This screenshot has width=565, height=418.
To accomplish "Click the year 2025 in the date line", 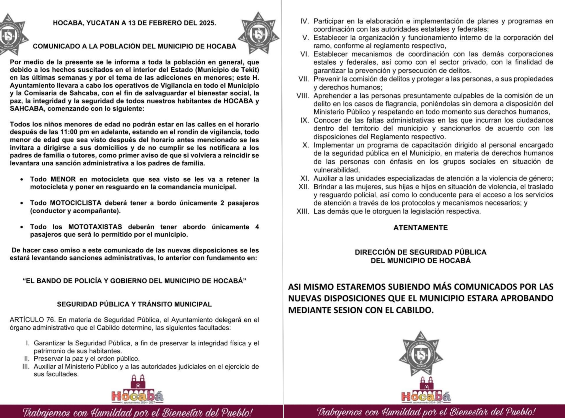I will (x=207, y=23).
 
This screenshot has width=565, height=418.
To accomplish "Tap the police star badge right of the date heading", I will (x=259, y=33).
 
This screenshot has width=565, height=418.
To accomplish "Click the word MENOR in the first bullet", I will (x=63, y=179).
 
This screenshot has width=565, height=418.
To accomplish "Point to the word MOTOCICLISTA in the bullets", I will (x=76, y=203).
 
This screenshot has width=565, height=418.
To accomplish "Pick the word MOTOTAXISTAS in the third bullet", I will (x=95, y=227).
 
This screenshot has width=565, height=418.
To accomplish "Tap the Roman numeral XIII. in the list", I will (x=303, y=211).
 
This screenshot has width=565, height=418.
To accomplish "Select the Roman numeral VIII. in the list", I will (x=303, y=96).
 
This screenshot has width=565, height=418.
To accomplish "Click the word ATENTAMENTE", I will (x=420, y=228).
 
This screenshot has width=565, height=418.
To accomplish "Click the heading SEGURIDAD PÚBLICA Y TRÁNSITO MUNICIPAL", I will (x=134, y=304).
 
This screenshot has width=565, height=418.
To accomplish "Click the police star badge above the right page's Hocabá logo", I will (x=421, y=353).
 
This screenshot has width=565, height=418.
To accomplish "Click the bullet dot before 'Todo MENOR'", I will (x=22, y=180).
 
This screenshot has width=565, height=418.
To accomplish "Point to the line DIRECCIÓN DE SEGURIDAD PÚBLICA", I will (x=420, y=252).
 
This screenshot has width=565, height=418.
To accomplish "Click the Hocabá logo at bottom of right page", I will (x=426, y=391).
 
